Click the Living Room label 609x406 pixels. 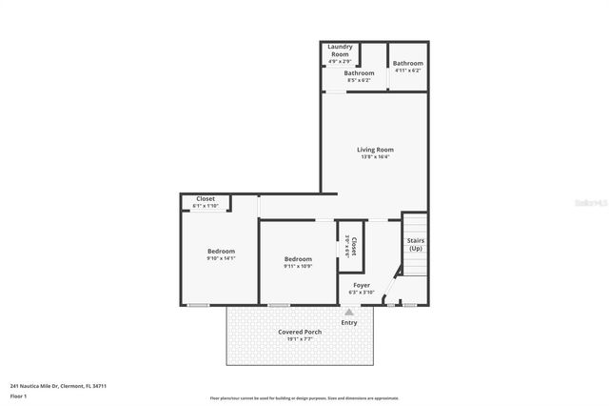(375, 150)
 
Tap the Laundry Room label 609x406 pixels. (340, 51)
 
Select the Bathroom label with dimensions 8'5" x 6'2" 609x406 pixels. (359, 73)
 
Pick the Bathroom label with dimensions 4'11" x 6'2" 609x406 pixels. (408, 64)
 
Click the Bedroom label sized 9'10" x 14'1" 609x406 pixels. (221, 251)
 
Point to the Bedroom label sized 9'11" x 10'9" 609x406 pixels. (298, 259)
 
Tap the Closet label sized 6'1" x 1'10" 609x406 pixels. (206, 199)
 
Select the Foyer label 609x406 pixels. (362, 285)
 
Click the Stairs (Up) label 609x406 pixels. (415, 244)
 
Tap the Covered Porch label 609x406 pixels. (300, 332)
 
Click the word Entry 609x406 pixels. (349, 322)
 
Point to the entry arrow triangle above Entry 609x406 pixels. (349, 312)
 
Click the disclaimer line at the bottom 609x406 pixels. (304, 398)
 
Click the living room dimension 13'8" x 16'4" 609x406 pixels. (375, 157)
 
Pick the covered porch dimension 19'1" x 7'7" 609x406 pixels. (300, 338)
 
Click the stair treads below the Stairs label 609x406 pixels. (415, 266)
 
